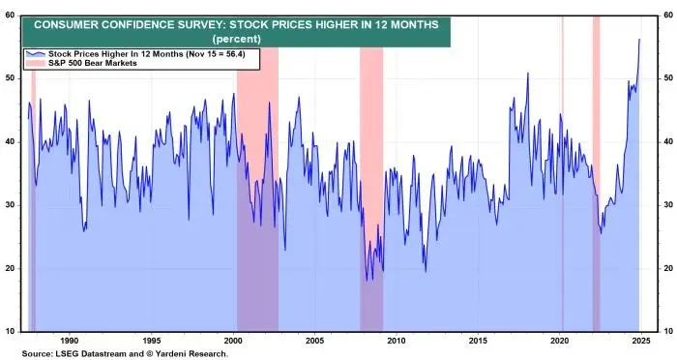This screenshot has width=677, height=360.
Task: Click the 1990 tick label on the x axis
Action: pyautogui.click(x=70, y=341)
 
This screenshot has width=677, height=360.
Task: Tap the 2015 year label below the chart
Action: pyautogui.click(x=478, y=341)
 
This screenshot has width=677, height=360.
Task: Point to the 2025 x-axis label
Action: pyautogui.click(x=641, y=341)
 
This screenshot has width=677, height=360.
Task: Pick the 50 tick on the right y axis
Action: pyautogui.click(x=668, y=78)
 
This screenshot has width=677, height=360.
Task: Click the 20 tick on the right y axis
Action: pyautogui.click(x=668, y=268)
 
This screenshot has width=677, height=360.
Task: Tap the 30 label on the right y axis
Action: pyautogui.click(x=668, y=205)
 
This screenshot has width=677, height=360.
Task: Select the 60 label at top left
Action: pyautogui.click(x=10, y=15)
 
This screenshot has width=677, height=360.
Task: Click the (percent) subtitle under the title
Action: pyautogui.click(x=237, y=39)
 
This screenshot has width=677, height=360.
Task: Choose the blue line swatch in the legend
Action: pyautogui.click(x=36, y=54)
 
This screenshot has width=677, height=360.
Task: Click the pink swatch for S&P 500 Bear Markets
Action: pyautogui.click(x=36, y=63)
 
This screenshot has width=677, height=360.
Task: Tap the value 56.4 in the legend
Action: pyautogui.click(x=234, y=54)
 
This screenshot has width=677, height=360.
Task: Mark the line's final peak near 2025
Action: pyautogui.click(x=639, y=40)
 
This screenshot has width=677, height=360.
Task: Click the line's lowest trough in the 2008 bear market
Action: pyautogui.click(x=367, y=281)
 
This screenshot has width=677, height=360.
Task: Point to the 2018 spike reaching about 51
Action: pyautogui.click(x=528, y=73)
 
